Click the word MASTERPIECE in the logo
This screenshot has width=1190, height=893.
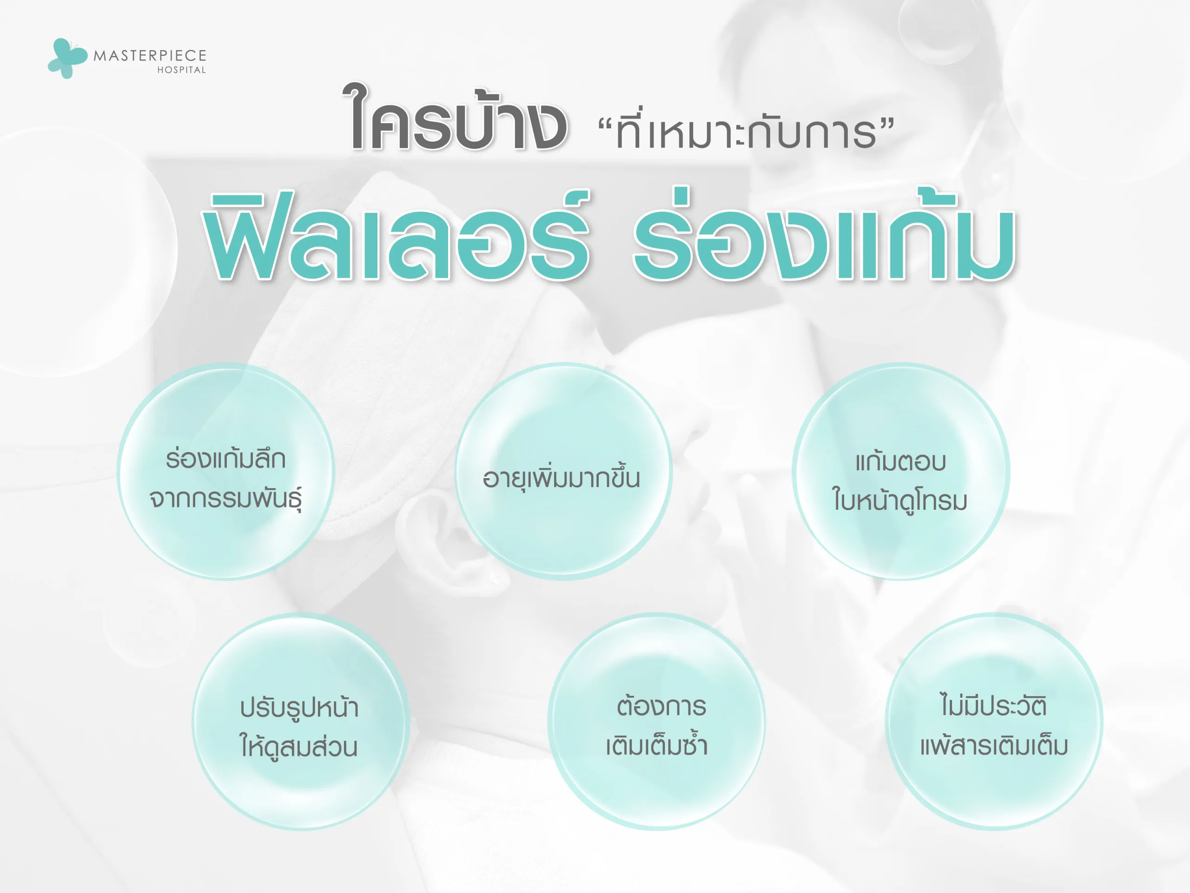pos(150,55)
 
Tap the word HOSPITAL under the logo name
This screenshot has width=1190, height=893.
pos(181,70)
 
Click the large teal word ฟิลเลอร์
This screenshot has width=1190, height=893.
pos(397,237)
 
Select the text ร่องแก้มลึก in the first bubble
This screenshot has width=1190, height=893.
pos(225,459)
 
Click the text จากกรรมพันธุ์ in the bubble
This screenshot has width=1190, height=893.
pos(225,499)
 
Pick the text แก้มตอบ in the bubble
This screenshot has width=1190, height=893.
pos(900,461)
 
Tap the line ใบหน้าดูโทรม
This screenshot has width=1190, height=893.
pos(900,500)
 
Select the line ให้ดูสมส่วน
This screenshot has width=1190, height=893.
pos(298,746)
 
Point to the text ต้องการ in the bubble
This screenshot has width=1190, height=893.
pos(661,706)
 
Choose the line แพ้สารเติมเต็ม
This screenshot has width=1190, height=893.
pos(994,746)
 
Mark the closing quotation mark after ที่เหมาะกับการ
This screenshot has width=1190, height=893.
pos(888,126)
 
